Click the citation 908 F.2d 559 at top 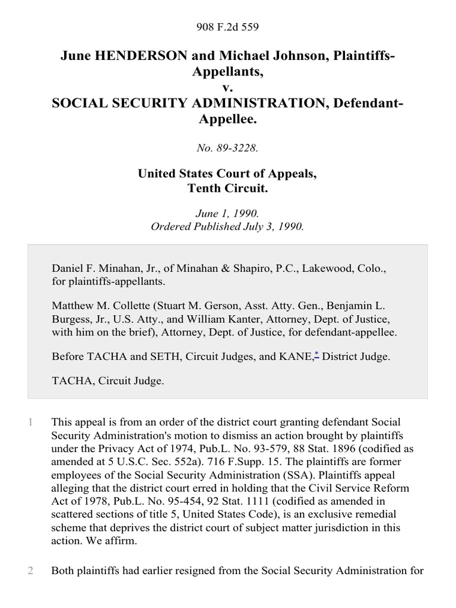(228, 27)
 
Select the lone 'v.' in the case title (228, 88)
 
